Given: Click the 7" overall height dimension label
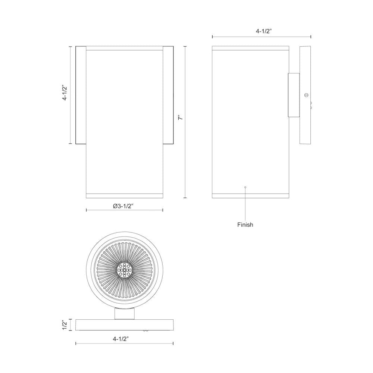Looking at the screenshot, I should click(x=180, y=117).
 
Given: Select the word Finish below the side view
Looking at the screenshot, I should click(x=245, y=225).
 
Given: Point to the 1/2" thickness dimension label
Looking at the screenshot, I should click(x=65, y=325).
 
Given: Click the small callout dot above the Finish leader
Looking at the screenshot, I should click(x=245, y=187).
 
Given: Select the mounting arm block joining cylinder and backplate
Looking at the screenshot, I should click(x=294, y=95).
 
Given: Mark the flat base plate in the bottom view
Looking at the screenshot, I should click(x=124, y=325).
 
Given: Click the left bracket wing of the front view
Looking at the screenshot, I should click(x=81, y=95).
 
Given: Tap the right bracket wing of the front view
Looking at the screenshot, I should click(x=168, y=95).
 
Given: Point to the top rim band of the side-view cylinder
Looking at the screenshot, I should click(x=250, y=48).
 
